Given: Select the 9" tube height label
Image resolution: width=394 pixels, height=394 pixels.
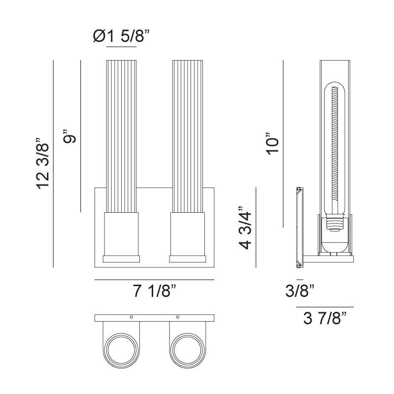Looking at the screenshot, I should (x=71, y=136).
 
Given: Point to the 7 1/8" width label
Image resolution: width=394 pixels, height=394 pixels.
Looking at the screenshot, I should (x=155, y=292).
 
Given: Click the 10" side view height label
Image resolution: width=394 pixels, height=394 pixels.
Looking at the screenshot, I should (x=272, y=143).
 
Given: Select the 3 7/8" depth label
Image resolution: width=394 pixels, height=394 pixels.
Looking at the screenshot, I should (x=326, y=319).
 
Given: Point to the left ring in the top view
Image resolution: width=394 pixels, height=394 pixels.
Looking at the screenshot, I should (x=121, y=351).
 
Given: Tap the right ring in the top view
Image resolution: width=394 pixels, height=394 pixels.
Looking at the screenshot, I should (x=187, y=351).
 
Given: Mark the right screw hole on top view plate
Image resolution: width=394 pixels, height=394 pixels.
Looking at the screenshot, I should (x=178, y=317).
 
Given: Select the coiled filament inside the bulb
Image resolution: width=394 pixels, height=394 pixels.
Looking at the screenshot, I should (x=336, y=148).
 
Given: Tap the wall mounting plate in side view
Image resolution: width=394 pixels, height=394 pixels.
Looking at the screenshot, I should (x=298, y=227).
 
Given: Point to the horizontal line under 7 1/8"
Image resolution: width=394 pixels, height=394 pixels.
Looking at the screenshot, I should (x=155, y=280).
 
